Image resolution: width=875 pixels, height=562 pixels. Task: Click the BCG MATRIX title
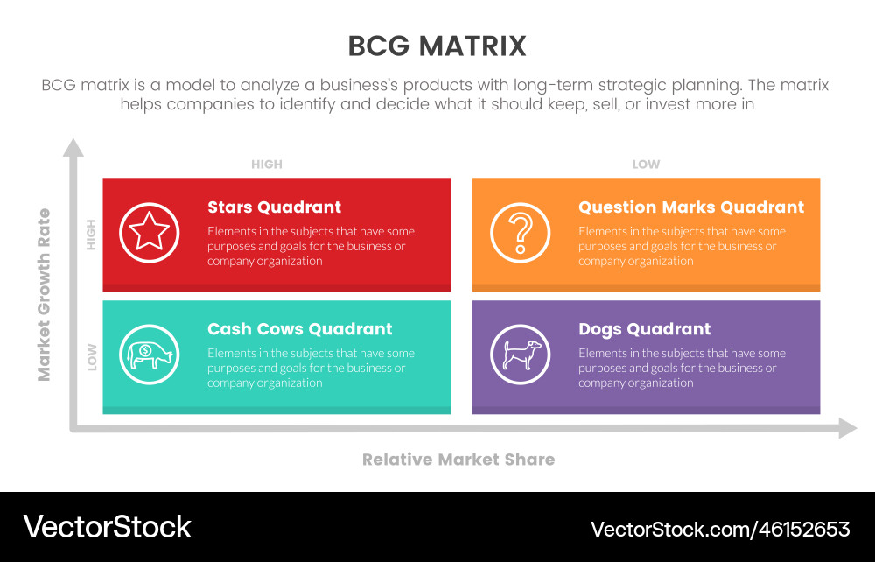click(437, 46)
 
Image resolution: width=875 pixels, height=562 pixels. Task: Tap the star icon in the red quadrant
click(150, 232)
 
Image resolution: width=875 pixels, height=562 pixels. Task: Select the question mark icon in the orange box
click(520, 232)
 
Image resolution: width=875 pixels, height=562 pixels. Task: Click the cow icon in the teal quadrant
click(150, 355)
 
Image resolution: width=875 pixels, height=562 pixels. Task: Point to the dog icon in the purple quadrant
click(520, 355)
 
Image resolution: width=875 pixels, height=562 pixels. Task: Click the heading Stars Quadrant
click(274, 207)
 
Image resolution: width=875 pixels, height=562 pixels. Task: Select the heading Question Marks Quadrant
click(691, 207)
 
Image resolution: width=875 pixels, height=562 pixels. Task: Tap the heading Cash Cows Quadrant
click(299, 329)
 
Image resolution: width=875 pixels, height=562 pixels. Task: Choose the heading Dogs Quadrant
click(645, 329)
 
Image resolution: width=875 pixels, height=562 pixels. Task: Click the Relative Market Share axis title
click(458, 460)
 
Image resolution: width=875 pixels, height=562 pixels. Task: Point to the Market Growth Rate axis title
click(44, 295)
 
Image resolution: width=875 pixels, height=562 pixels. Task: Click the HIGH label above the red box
click(267, 164)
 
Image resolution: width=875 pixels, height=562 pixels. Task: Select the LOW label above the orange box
click(646, 164)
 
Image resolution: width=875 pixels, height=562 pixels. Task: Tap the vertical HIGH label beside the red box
click(91, 235)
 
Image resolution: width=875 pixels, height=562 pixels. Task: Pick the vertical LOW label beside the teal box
click(92, 357)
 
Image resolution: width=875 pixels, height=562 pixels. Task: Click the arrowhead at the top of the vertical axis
click(73, 147)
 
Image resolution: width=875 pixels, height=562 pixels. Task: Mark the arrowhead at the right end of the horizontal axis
click(848, 428)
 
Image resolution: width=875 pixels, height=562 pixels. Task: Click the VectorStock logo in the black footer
click(107, 527)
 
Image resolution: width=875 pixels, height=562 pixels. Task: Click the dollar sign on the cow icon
click(145, 350)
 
